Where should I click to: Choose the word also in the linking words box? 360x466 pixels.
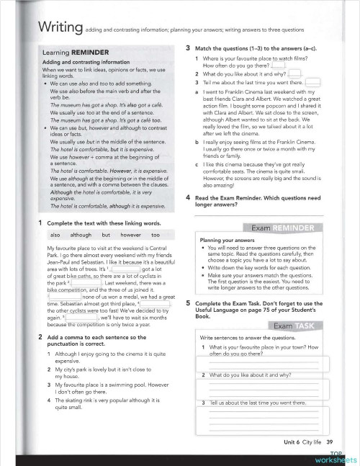55,235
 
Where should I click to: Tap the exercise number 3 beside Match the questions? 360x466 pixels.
188,47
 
